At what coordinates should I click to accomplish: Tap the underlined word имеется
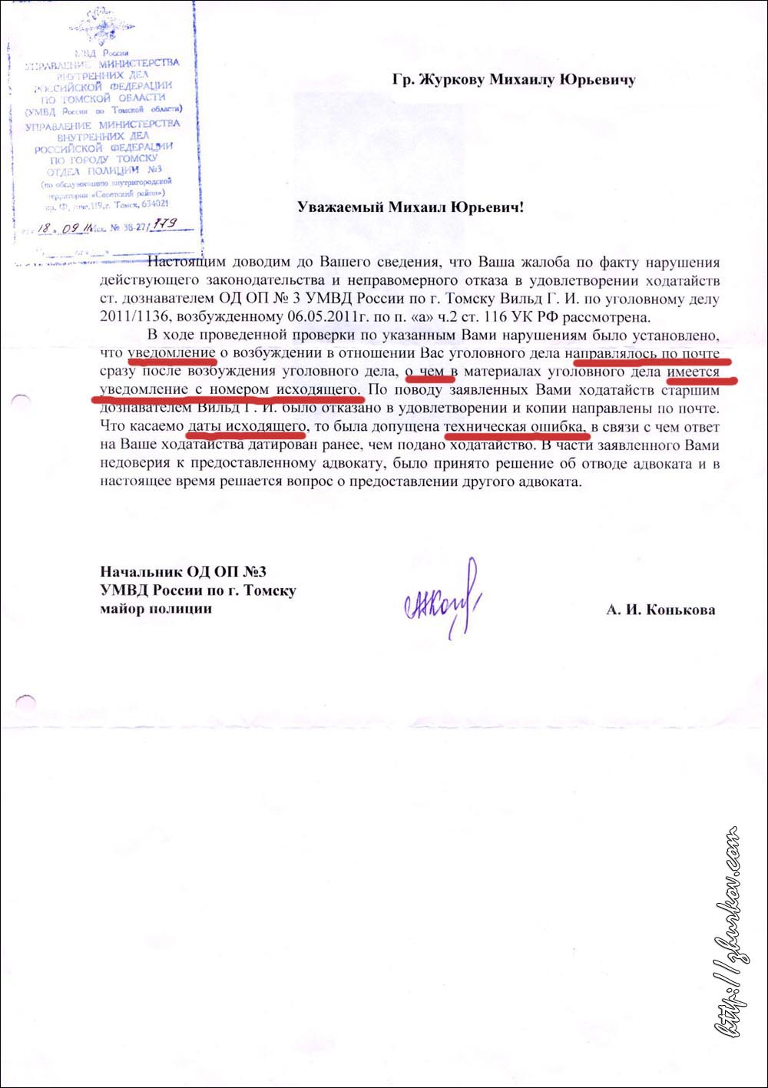click(x=694, y=372)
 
